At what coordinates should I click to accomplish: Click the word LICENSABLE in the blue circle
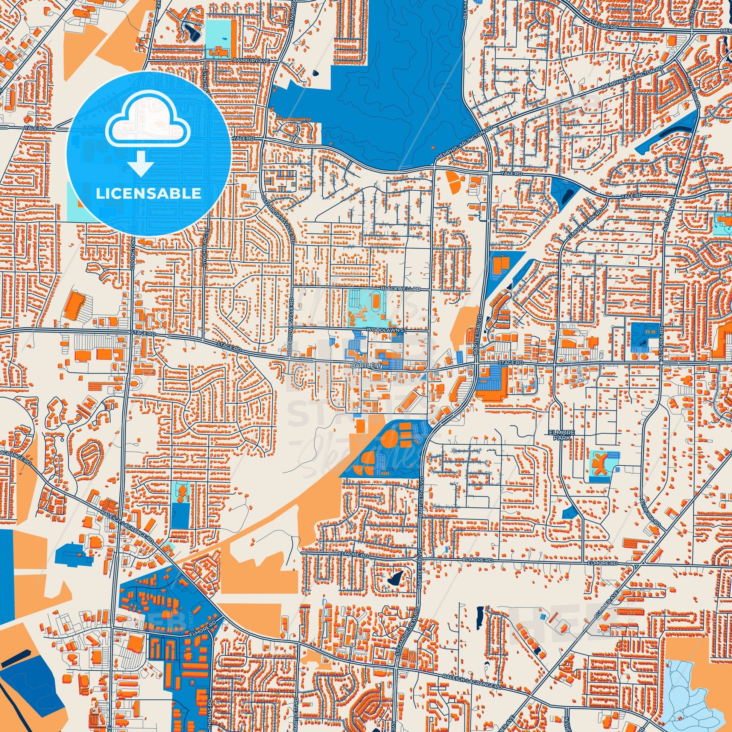pyautogui.click(x=148, y=193)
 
